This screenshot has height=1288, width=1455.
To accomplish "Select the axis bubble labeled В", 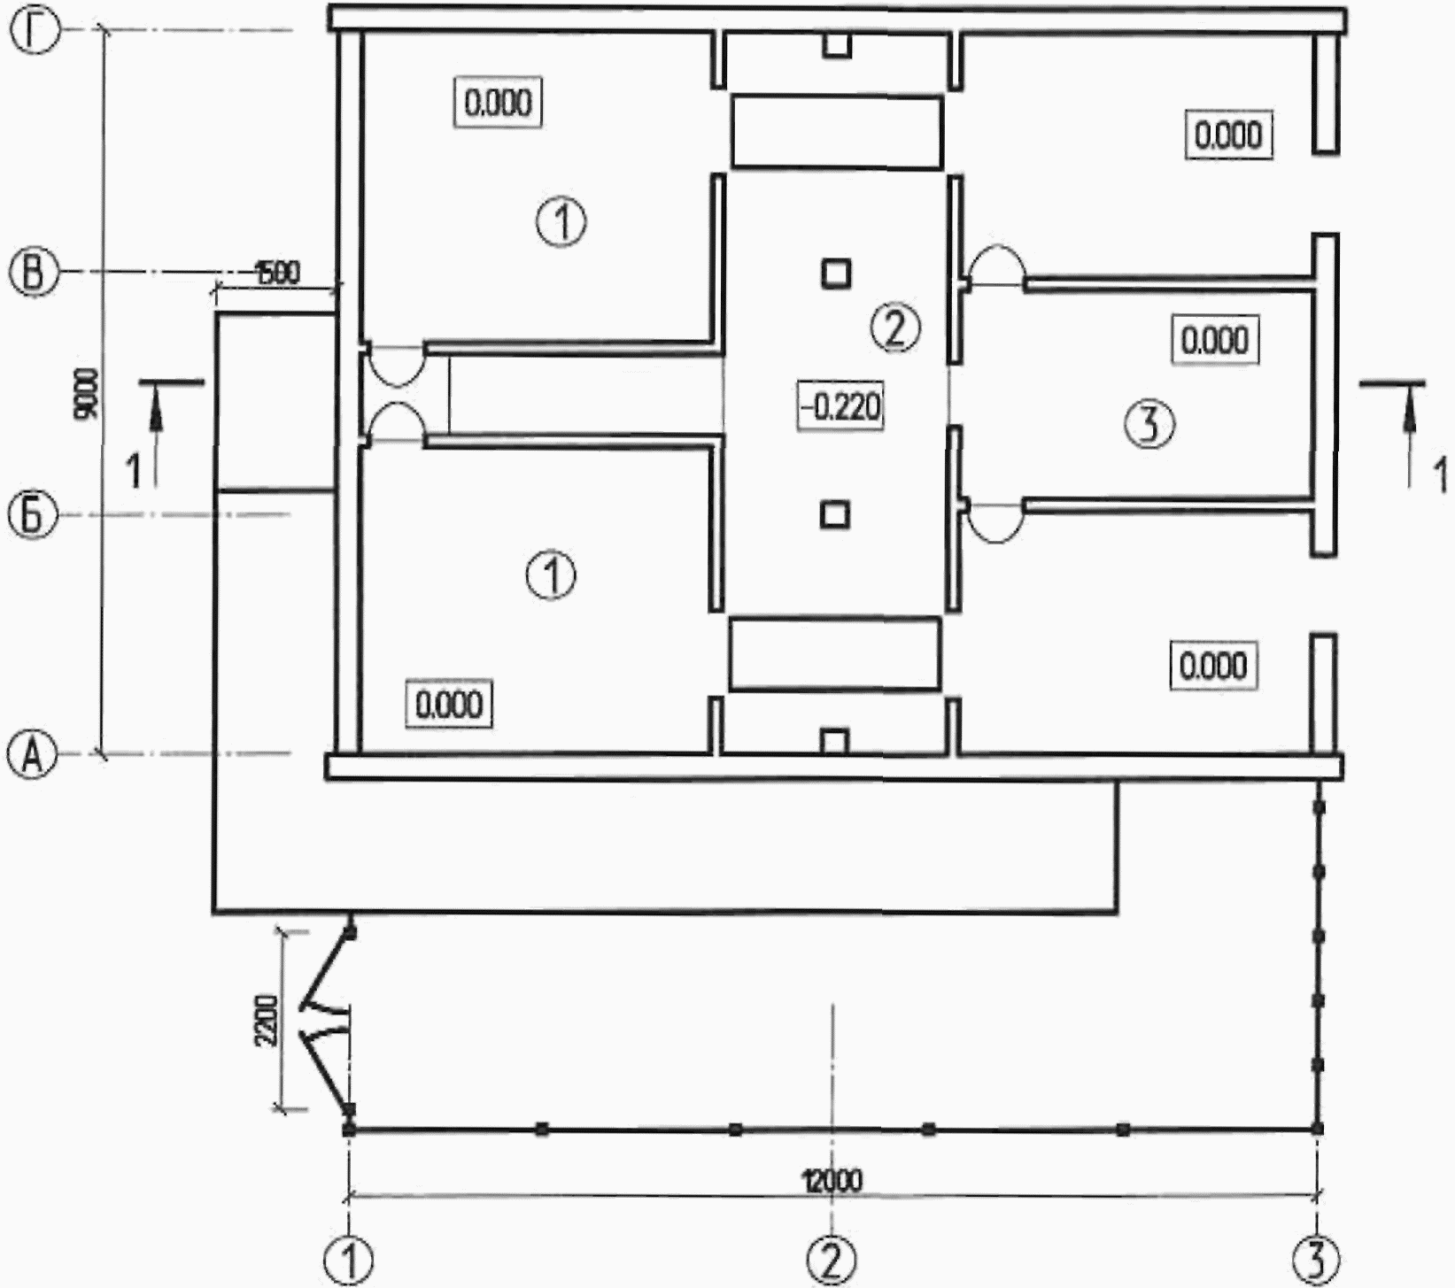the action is [33, 273].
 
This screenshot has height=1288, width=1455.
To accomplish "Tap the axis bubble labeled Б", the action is [33, 515].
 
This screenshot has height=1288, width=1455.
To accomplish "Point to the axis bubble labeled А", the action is [33, 757].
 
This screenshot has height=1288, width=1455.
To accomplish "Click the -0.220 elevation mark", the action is [840, 408].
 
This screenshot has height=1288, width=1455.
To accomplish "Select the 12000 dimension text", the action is [832, 1180].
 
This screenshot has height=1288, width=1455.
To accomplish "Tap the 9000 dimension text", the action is [89, 393].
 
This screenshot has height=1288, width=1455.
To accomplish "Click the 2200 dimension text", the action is [267, 1021].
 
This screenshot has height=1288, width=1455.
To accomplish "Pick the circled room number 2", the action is [895, 328].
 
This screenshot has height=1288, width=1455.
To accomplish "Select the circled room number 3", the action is [1149, 424].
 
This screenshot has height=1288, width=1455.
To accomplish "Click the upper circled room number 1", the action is [561, 221].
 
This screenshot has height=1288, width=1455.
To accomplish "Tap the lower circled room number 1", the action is [551, 575].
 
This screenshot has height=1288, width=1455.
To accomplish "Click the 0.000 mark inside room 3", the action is [1215, 340].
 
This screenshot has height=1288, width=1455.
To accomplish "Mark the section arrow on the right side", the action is [1408, 434].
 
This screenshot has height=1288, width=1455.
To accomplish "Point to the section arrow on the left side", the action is [157, 434].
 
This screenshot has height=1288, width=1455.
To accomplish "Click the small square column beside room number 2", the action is [835, 274].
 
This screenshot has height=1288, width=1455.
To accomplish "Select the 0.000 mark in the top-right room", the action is [1229, 135].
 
